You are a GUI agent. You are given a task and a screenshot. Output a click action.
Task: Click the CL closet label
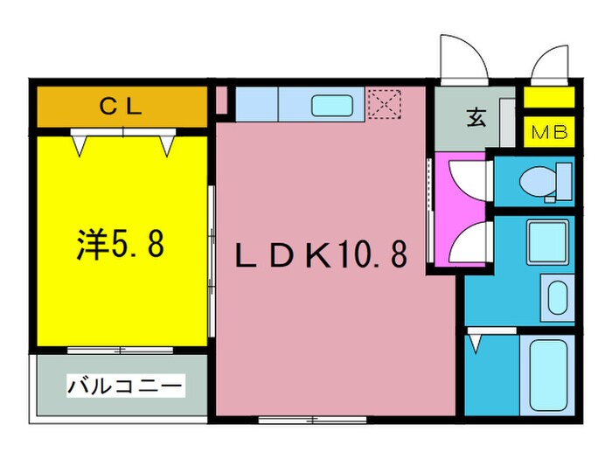(121, 108)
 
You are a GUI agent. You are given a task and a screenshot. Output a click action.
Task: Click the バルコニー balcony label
(124, 385)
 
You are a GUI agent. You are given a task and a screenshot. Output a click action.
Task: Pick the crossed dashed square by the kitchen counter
(382, 105)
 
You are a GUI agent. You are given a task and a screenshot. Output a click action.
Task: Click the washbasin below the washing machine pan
(556, 296)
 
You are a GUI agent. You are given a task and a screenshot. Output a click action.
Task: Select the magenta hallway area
(457, 210)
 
